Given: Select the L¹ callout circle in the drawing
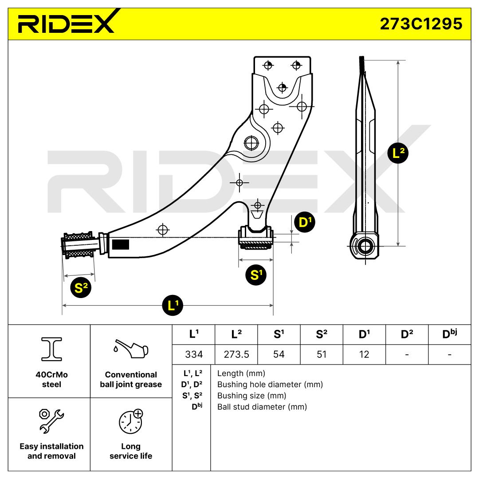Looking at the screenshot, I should tap(173, 306).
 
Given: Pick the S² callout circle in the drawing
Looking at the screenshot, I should tap(82, 288).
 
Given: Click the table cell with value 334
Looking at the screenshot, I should tap(193, 354).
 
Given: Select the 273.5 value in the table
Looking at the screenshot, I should tap(236, 354).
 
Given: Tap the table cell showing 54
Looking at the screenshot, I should tap(279, 354).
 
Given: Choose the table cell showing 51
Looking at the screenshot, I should tap(322, 354).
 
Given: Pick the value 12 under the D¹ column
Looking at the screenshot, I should tap(364, 354).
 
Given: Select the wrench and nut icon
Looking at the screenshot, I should tap(51, 420).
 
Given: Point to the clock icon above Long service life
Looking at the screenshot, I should tap(130, 421).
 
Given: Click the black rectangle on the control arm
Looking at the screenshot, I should tap(120, 245).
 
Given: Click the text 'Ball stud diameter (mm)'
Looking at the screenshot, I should tap(262, 407).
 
